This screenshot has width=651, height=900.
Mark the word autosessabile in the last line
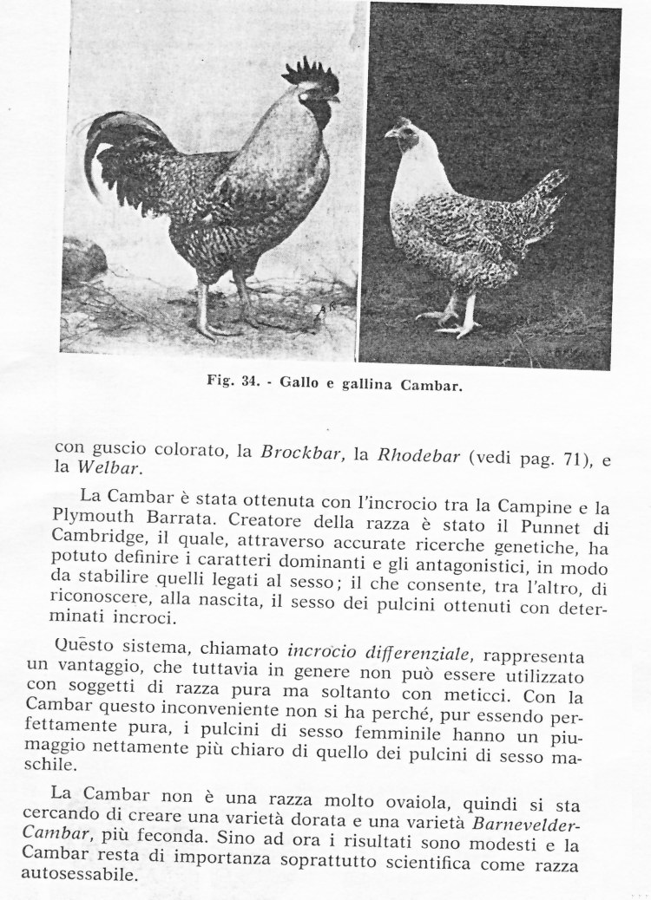pos(94,874)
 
